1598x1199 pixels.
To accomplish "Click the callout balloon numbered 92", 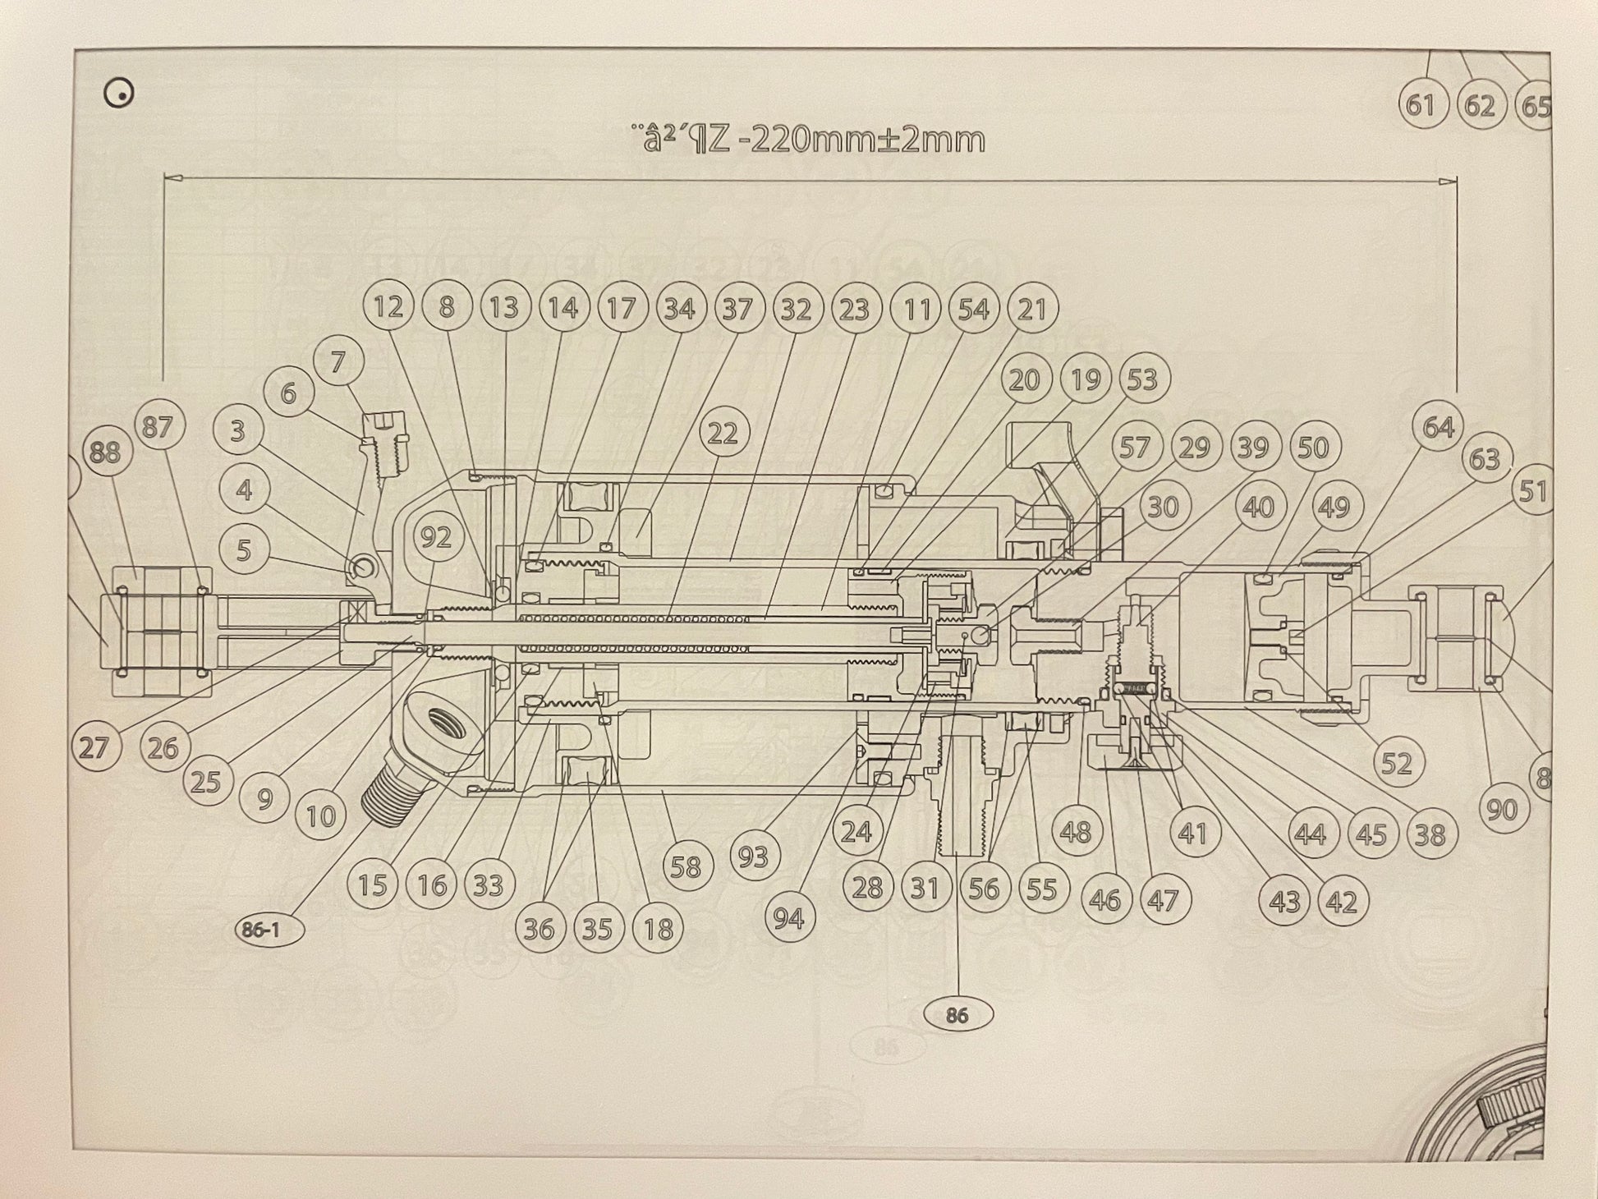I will click(x=436, y=537).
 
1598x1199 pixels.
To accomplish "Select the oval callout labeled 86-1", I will click(x=269, y=930).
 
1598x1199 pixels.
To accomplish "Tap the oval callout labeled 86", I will click(x=957, y=1016).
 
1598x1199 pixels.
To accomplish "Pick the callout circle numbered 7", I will click(x=338, y=361).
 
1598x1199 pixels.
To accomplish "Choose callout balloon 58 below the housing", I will click(x=686, y=866).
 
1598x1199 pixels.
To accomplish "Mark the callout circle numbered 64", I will click(x=1438, y=426).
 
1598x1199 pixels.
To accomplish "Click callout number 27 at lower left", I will click(x=95, y=747).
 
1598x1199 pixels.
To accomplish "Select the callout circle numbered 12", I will click(x=388, y=307).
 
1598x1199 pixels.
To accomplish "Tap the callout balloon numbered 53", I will click(x=1142, y=379).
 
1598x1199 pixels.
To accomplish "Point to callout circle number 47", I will click(x=1163, y=901).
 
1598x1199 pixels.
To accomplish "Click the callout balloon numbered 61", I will click(x=1421, y=105).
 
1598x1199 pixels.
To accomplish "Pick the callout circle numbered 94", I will click(x=788, y=918).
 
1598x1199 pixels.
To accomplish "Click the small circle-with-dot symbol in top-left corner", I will click(x=121, y=94).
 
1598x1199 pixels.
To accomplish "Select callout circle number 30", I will click(x=1163, y=507).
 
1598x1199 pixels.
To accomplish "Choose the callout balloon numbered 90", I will click(x=1502, y=809).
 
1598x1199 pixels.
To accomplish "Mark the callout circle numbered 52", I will click(x=1396, y=763).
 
